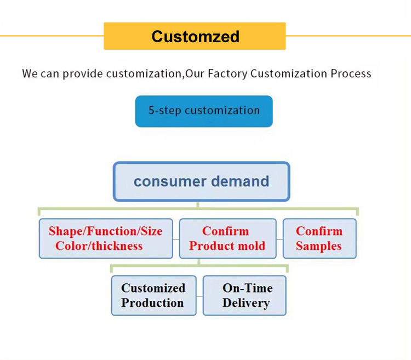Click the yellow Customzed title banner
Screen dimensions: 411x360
[195, 36]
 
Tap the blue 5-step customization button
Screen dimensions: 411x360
[204, 111]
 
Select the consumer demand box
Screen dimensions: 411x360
[201, 181]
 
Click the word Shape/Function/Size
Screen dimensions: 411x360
[105, 231]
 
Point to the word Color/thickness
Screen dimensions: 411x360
[99, 246]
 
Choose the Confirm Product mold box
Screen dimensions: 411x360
[227, 238]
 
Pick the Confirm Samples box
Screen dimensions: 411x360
[319, 238]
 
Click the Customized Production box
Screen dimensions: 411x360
[153, 295]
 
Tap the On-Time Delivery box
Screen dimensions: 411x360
[244, 295]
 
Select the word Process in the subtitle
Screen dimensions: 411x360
[351, 73]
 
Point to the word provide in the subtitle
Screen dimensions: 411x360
[83, 74]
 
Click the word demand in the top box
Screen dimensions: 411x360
[240, 181]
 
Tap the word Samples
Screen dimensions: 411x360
[318, 246]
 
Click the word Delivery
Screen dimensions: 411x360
[246, 303]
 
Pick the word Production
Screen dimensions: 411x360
[152, 303]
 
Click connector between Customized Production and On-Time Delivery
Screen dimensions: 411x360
[199, 296]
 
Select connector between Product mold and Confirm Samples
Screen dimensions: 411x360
[279, 239]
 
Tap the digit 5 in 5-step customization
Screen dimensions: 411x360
[151, 110]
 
